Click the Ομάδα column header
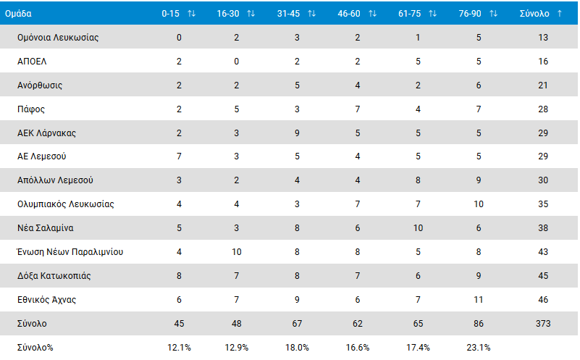18,14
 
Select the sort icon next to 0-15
191,14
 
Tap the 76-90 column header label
471,14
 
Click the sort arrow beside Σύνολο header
560,14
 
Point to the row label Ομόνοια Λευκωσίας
58,38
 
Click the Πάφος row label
31,109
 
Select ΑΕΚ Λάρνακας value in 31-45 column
297,133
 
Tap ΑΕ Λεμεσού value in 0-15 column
179,156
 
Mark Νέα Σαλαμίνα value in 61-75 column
418,228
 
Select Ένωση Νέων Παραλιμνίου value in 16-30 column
237,252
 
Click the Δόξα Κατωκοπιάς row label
54,276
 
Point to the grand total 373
544,323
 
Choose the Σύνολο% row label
35,347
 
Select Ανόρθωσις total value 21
544,85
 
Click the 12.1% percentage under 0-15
179,347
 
